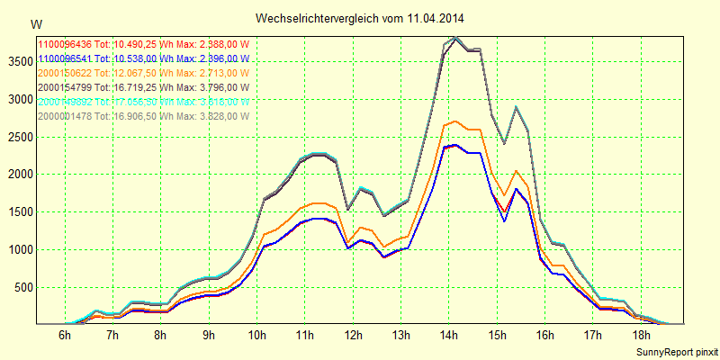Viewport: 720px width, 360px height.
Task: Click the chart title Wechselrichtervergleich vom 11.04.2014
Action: click(x=360, y=18)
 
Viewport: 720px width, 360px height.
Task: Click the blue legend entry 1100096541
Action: click(x=143, y=58)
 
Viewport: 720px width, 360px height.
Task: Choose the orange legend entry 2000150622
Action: click(x=143, y=73)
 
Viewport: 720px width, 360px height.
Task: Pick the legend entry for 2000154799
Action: click(x=143, y=87)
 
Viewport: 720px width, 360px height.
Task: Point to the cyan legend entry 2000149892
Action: click(x=143, y=102)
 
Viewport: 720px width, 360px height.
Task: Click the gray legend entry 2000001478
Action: click(x=143, y=116)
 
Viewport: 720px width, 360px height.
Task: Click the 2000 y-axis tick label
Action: click(x=18, y=175)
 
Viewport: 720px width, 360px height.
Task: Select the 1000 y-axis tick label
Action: click(x=18, y=249)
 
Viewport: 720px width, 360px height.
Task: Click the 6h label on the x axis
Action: click(x=65, y=336)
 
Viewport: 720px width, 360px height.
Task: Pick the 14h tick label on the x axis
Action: click(x=448, y=336)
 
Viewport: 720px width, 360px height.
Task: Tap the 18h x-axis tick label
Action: click(x=640, y=336)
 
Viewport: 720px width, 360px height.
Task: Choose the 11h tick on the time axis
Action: click(x=304, y=336)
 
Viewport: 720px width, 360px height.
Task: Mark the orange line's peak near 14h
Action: click(x=456, y=121)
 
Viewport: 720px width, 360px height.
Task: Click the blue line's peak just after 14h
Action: click(x=456, y=144)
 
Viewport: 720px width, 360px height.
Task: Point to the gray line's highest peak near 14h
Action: click(x=456, y=38)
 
